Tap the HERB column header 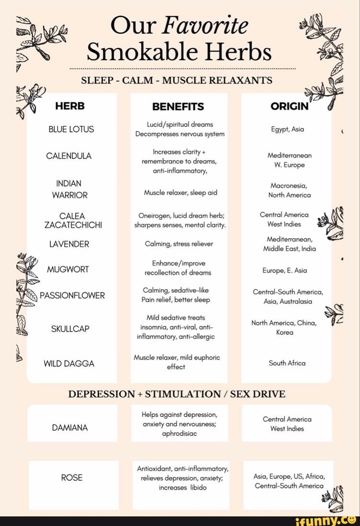(70, 106)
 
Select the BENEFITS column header (178, 107)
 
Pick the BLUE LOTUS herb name (72, 129)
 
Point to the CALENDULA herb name (69, 156)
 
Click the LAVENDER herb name (69, 244)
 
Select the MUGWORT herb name (68, 269)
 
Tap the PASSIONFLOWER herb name (72, 295)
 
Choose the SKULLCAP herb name (70, 329)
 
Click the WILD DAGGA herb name (69, 364)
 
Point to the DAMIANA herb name (70, 428)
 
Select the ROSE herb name (72, 477)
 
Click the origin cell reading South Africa (287, 363)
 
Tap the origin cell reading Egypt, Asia (287, 129)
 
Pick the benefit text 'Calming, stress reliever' (179, 244)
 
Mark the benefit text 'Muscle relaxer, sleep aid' (180, 193)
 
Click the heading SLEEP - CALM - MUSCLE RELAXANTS (177, 80)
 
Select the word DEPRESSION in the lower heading (101, 394)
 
